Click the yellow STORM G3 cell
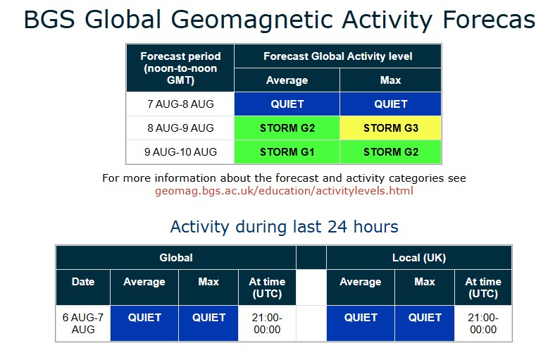[390, 128]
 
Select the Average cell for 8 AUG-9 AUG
[287, 128]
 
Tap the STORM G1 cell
[287, 151]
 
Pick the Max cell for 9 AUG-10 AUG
[390, 151]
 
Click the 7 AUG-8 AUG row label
[180, 104]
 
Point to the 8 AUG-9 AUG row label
[180, 128]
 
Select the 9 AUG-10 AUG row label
[180, 151]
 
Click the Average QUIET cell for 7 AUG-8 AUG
[287, 104]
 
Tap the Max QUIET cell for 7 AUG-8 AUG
[390, 104]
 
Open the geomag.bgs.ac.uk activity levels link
[284, 190]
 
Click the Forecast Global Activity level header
[338, 56]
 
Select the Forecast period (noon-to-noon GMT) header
[180, 68]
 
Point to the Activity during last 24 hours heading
[284, 227]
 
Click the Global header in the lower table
[176, 257]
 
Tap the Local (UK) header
[419, 257]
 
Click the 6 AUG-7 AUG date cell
[83, 323]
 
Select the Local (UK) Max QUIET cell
[425, 323]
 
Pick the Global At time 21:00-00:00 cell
[267, 323]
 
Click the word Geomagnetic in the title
[251, 20]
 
